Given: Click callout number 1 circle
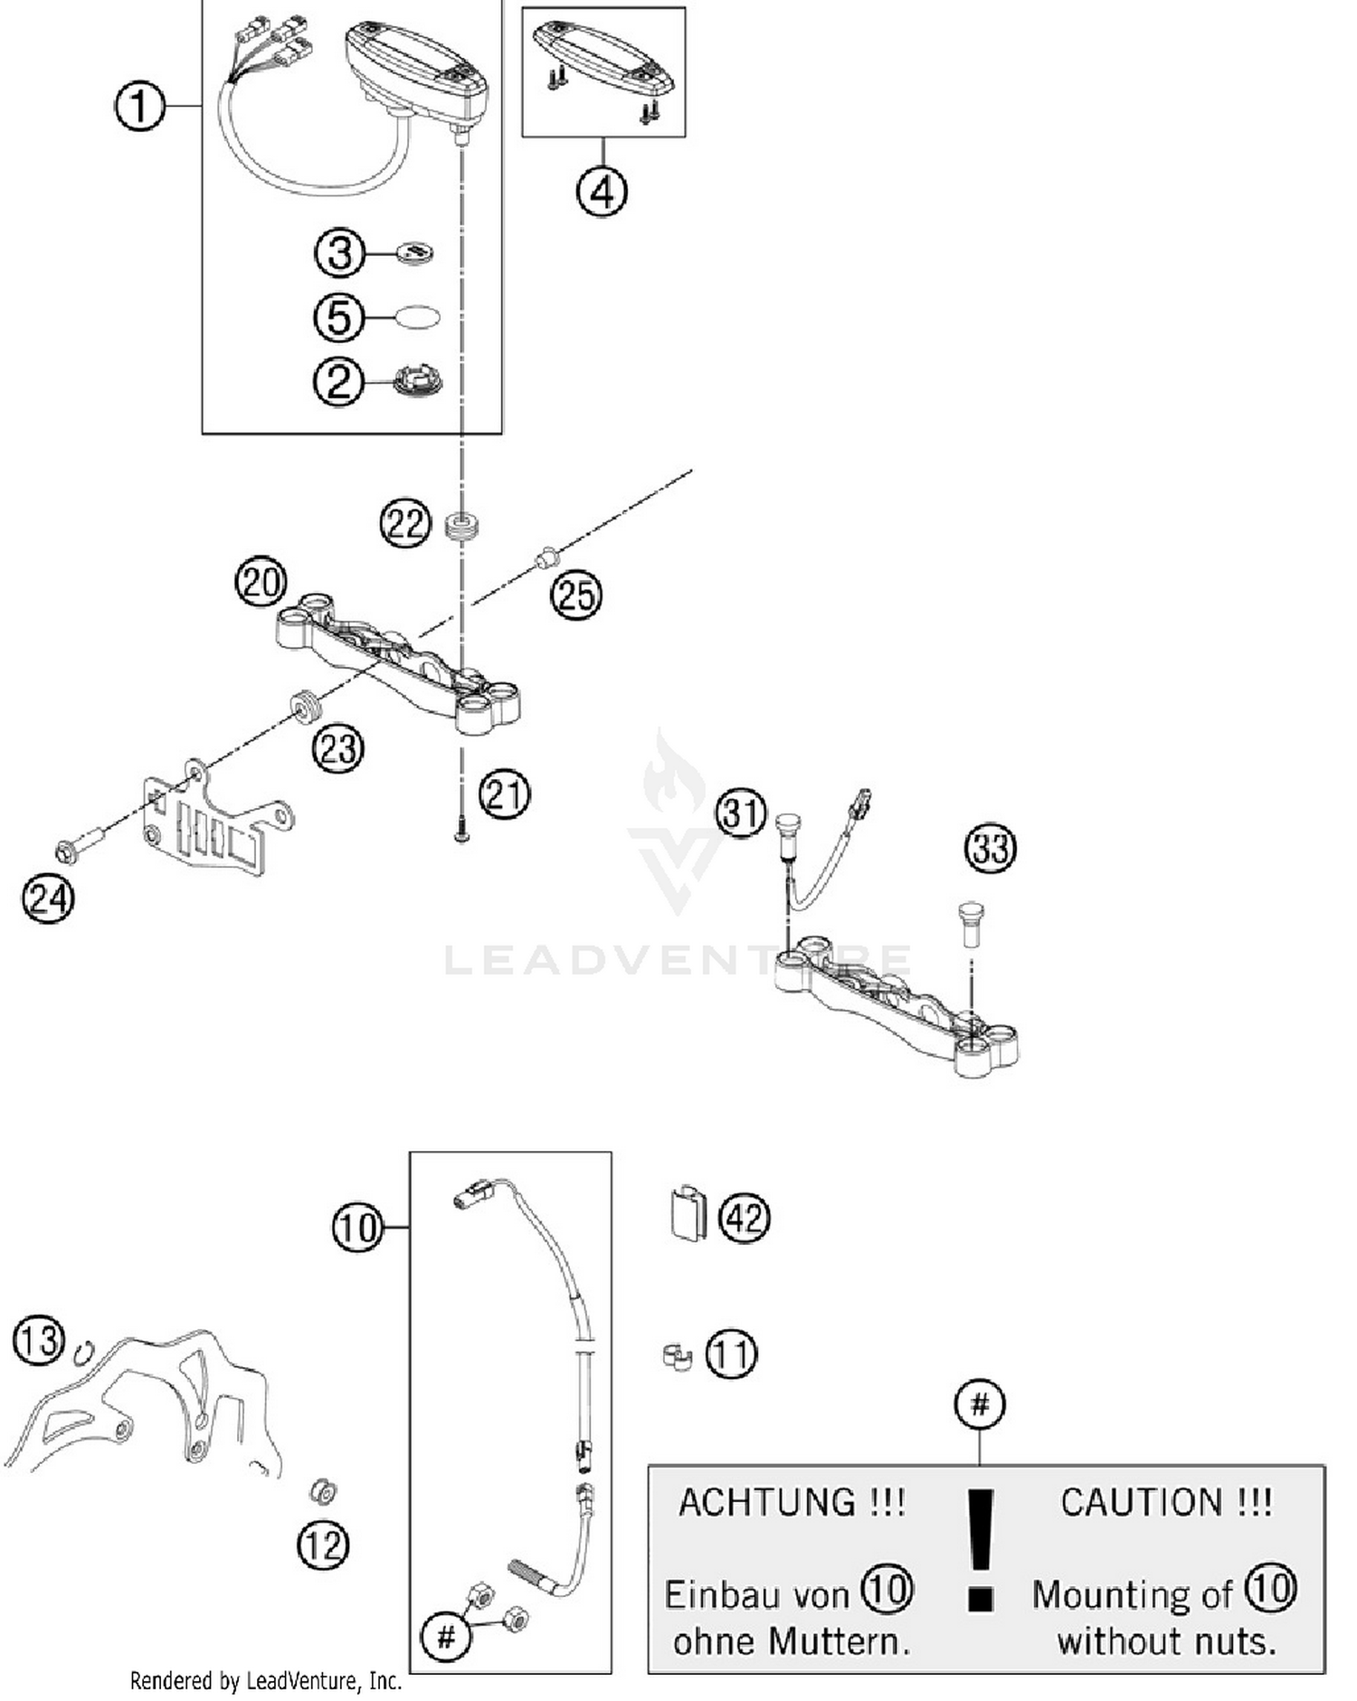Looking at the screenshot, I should pos(139,106).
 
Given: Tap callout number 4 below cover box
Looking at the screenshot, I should pos(602,191).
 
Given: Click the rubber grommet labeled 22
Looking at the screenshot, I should pos(462,527).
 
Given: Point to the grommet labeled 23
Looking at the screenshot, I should pos(304,706).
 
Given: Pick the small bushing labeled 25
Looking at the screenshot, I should pos(546,558).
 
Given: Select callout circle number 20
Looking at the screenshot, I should pos(261,581).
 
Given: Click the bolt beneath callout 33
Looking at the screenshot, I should pos(969,922).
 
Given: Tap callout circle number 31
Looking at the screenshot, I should pos(741,812).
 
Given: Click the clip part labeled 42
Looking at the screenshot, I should pos(688,1211).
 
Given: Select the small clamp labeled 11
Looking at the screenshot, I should pos(676,1356).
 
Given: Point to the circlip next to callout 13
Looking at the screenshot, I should pos(83,1351).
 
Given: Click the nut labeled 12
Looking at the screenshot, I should pos(322,1490).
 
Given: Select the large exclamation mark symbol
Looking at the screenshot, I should pos(981,1550).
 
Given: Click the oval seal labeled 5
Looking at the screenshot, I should pos(417,317).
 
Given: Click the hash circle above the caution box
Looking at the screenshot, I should pos(980,1404).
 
